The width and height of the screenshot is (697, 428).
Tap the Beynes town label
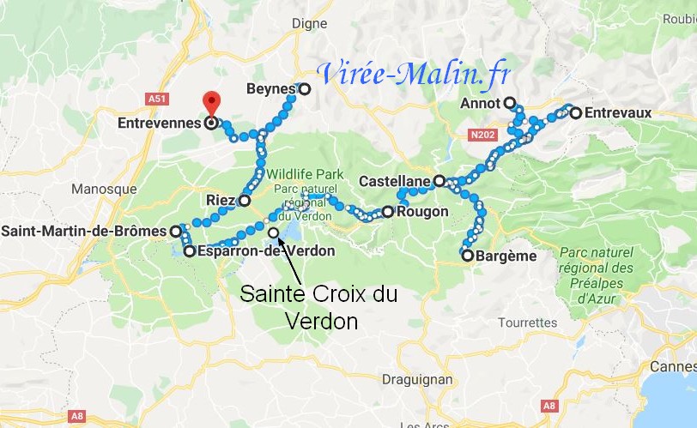[x=270, y=89]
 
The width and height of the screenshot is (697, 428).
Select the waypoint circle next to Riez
[x=244, y=201]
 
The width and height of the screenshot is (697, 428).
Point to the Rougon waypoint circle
[x=387, y=211]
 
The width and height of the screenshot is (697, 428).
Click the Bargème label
[x=506, y=256]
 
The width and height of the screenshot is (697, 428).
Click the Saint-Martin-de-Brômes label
[x=84, y=232]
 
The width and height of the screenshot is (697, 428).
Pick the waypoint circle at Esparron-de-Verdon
[x=189, y=251]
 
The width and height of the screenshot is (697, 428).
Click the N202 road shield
[x=482, y=134]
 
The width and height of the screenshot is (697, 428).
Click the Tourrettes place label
[x=528, y=323]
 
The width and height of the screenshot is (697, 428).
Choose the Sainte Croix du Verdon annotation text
[x=318, y=306]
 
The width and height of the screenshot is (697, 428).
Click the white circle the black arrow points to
[x=273, y=232]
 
